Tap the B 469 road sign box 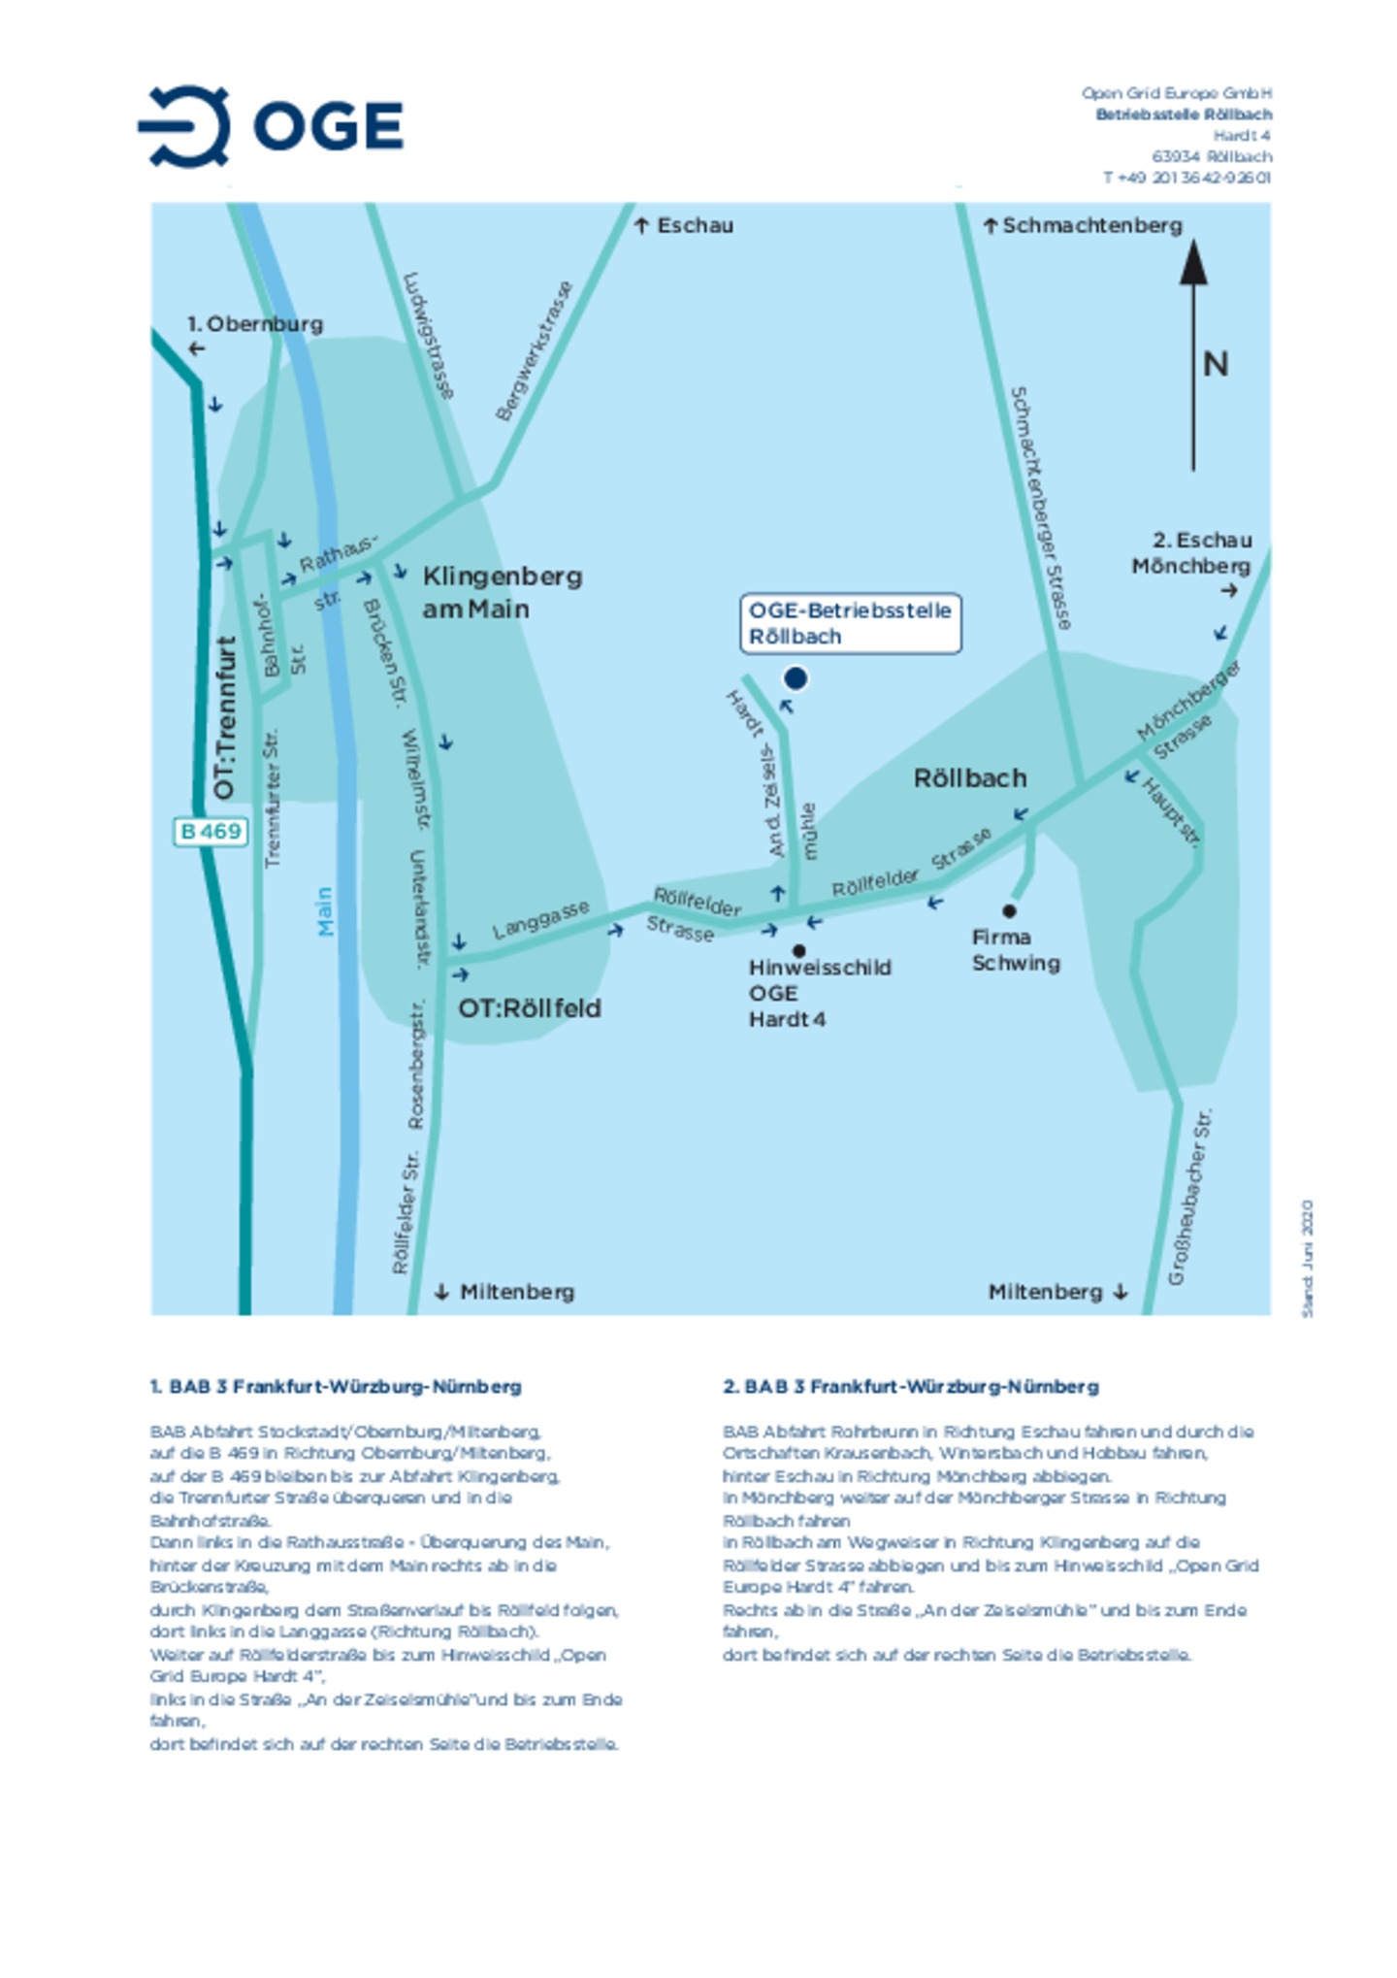[x=210, y=831]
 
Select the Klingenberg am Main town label [x=501, y=592]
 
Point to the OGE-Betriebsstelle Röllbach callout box [x=849, y=623]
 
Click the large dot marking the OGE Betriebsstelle [x=795, y=678]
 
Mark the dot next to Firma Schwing [x=1009, y=910]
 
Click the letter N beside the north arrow [x=1215, y=364]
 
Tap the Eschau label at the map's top [x=695, y=225]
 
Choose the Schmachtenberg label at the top [x=1091, y=225]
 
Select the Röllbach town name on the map [x=969, y=777]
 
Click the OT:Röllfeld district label [x=530, y=1008]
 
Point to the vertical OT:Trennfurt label [x=225, y=718]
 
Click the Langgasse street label [x=540, y=919]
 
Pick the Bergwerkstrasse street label [x=534, y=350]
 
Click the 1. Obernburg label [x=254, y=324]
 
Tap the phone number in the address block [x=1186, y=178]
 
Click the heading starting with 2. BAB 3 [x=910, y=1386]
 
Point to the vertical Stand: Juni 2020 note [x=1307, y=1258]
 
